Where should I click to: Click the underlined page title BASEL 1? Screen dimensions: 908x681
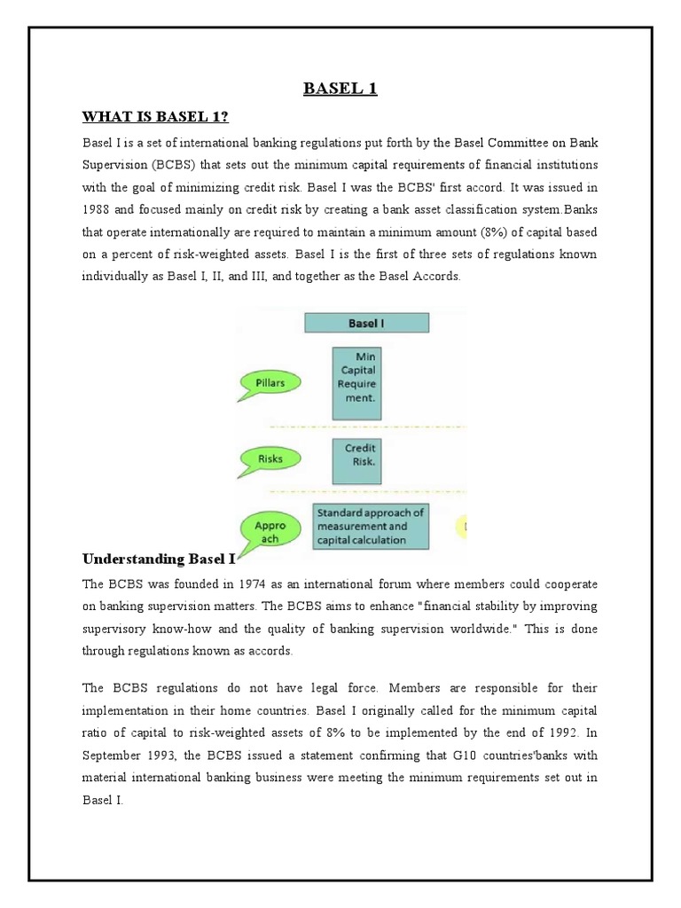[x=340, y=88]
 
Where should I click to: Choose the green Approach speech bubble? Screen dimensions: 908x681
[x=270, y=530]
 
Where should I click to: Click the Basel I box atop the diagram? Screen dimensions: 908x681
[x=366, y=323]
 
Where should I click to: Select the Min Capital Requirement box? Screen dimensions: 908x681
[x=355, y=384]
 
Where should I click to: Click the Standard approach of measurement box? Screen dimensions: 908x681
[x=371, y=527]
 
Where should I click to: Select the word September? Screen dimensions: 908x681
[x=113, y=755]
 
